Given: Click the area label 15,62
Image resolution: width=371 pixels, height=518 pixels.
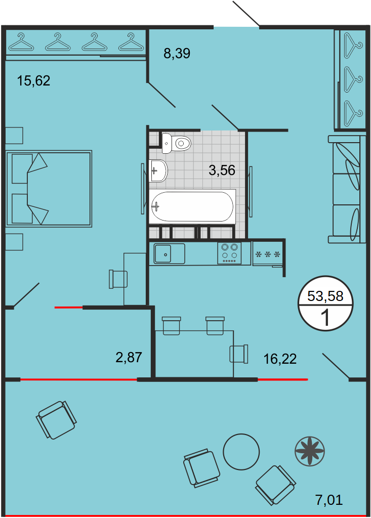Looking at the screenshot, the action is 34,80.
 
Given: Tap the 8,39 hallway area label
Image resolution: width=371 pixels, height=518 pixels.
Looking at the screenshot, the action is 177,53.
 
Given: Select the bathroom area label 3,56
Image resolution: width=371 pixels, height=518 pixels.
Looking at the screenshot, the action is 222,170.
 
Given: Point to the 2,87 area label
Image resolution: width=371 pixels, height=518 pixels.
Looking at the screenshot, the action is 129,357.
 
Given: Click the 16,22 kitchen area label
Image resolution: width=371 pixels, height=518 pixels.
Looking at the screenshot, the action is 280,359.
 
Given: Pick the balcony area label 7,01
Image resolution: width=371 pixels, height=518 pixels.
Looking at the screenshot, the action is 329,500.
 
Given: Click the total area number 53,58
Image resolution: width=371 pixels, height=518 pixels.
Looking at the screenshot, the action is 325,296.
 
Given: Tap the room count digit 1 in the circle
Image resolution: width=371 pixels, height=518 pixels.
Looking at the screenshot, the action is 326,318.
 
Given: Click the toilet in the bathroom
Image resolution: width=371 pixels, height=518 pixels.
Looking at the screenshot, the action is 177,143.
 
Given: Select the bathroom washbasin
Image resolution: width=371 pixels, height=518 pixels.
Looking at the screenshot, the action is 159,170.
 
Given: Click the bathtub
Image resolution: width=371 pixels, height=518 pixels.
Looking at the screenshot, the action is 192,206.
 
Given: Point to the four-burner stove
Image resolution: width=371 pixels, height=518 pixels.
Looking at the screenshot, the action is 229,253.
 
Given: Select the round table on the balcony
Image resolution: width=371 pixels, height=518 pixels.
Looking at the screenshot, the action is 241,452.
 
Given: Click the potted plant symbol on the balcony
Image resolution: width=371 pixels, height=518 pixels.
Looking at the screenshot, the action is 310,450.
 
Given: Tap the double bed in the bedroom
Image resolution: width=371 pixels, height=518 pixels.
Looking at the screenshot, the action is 49,189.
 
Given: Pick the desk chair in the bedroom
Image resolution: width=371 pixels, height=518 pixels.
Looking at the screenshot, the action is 118,279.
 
